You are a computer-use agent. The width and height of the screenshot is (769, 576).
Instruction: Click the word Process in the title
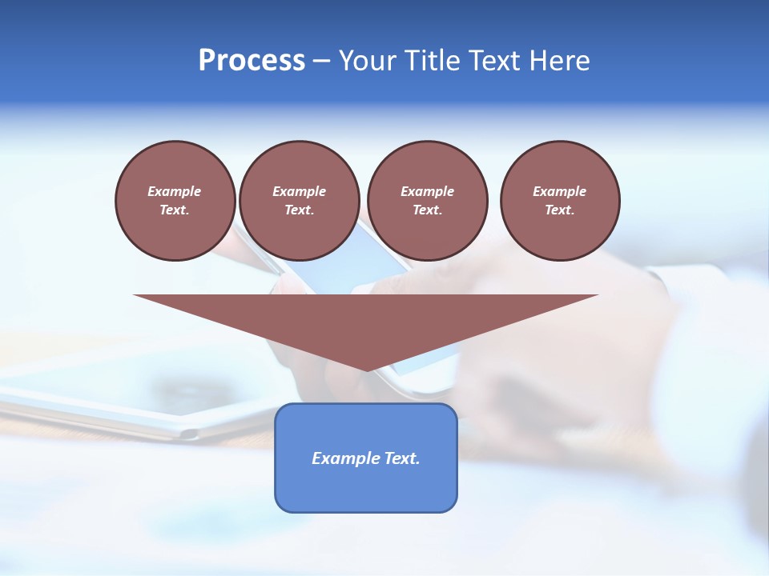pos(252,60)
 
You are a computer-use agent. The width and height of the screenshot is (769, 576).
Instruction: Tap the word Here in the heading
pos(560,60)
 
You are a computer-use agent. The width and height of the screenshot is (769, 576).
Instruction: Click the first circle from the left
pos(175,201)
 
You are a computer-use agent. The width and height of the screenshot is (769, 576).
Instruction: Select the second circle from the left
pos(300,201)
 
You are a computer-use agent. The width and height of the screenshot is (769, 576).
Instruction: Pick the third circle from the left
pos(427,201)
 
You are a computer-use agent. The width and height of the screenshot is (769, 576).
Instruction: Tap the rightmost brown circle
pos(560,201)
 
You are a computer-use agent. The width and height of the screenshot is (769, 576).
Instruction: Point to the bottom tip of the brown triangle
pos(366,370)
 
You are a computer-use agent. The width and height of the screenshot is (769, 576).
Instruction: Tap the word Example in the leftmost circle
pos(175,191)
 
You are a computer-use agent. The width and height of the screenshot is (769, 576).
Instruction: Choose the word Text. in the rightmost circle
pos(560,210)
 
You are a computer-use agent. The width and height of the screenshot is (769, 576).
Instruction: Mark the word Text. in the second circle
pos(300,210)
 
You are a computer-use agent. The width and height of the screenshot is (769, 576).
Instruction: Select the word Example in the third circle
pos(427,191)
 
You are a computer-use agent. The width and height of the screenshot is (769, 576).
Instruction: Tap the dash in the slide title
pos(322,61)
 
